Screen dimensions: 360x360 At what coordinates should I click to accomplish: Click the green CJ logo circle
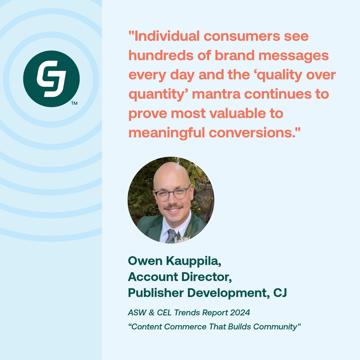tap(51, 79)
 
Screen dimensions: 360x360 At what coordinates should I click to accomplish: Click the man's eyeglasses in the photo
tap(172, 193)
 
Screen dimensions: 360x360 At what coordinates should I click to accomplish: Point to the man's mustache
tap(173, 207)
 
